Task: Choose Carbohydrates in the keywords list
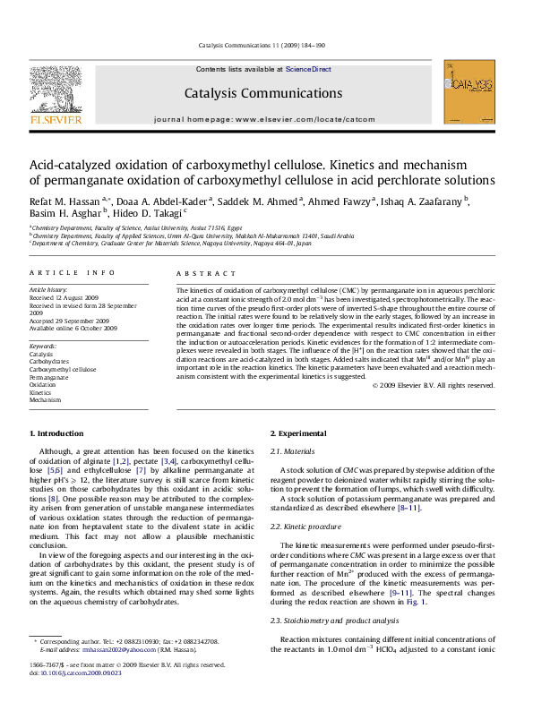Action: pos(50,360)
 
